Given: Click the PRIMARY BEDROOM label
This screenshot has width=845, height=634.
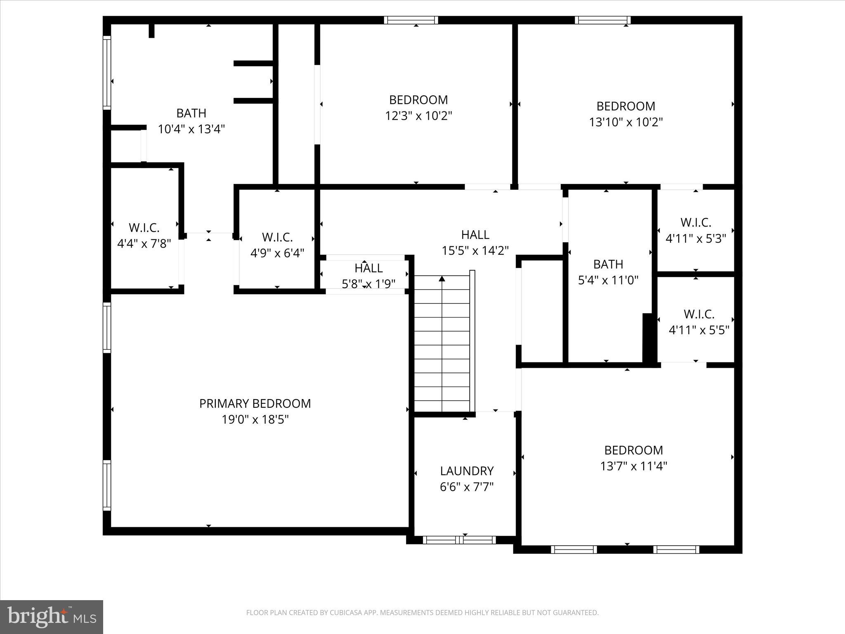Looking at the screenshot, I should pos(255,403).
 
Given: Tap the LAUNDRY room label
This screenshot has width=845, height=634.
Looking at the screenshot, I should pos(467,471).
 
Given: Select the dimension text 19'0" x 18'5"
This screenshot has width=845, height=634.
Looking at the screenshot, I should pos(255,419).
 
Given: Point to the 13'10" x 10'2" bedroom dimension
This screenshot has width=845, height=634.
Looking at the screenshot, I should pos(625,122).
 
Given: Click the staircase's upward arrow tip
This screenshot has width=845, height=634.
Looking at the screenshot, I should pos(442,279).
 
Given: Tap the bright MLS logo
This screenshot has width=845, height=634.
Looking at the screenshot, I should pos(51,617).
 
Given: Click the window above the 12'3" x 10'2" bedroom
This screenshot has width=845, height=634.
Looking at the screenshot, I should pos(411,20).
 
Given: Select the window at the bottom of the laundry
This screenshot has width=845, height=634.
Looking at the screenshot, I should pos(459,539).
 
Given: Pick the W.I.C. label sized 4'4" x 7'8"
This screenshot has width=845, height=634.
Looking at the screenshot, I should pos(144,227).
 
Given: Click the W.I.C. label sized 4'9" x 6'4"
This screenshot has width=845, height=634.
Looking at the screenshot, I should pos(277,237).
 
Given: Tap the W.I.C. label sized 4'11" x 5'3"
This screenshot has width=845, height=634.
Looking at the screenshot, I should pos(696,222).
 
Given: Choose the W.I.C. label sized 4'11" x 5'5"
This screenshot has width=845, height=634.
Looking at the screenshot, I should pos(699,314).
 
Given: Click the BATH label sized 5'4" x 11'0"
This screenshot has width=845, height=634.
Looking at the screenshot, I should pos(608,264).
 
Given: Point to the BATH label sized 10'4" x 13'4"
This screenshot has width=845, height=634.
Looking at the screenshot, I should pos(191,113).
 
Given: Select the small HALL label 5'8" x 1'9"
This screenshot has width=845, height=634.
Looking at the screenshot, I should pos(368,268).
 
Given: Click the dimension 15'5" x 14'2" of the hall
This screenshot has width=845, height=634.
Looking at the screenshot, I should pos(475,251).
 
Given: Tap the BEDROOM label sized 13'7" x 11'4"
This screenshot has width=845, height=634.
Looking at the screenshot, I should pos(633,450).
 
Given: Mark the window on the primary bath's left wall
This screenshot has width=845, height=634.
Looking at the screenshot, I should pos(107,73).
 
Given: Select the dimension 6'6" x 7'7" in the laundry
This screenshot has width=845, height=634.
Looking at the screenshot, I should pos(467,487).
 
